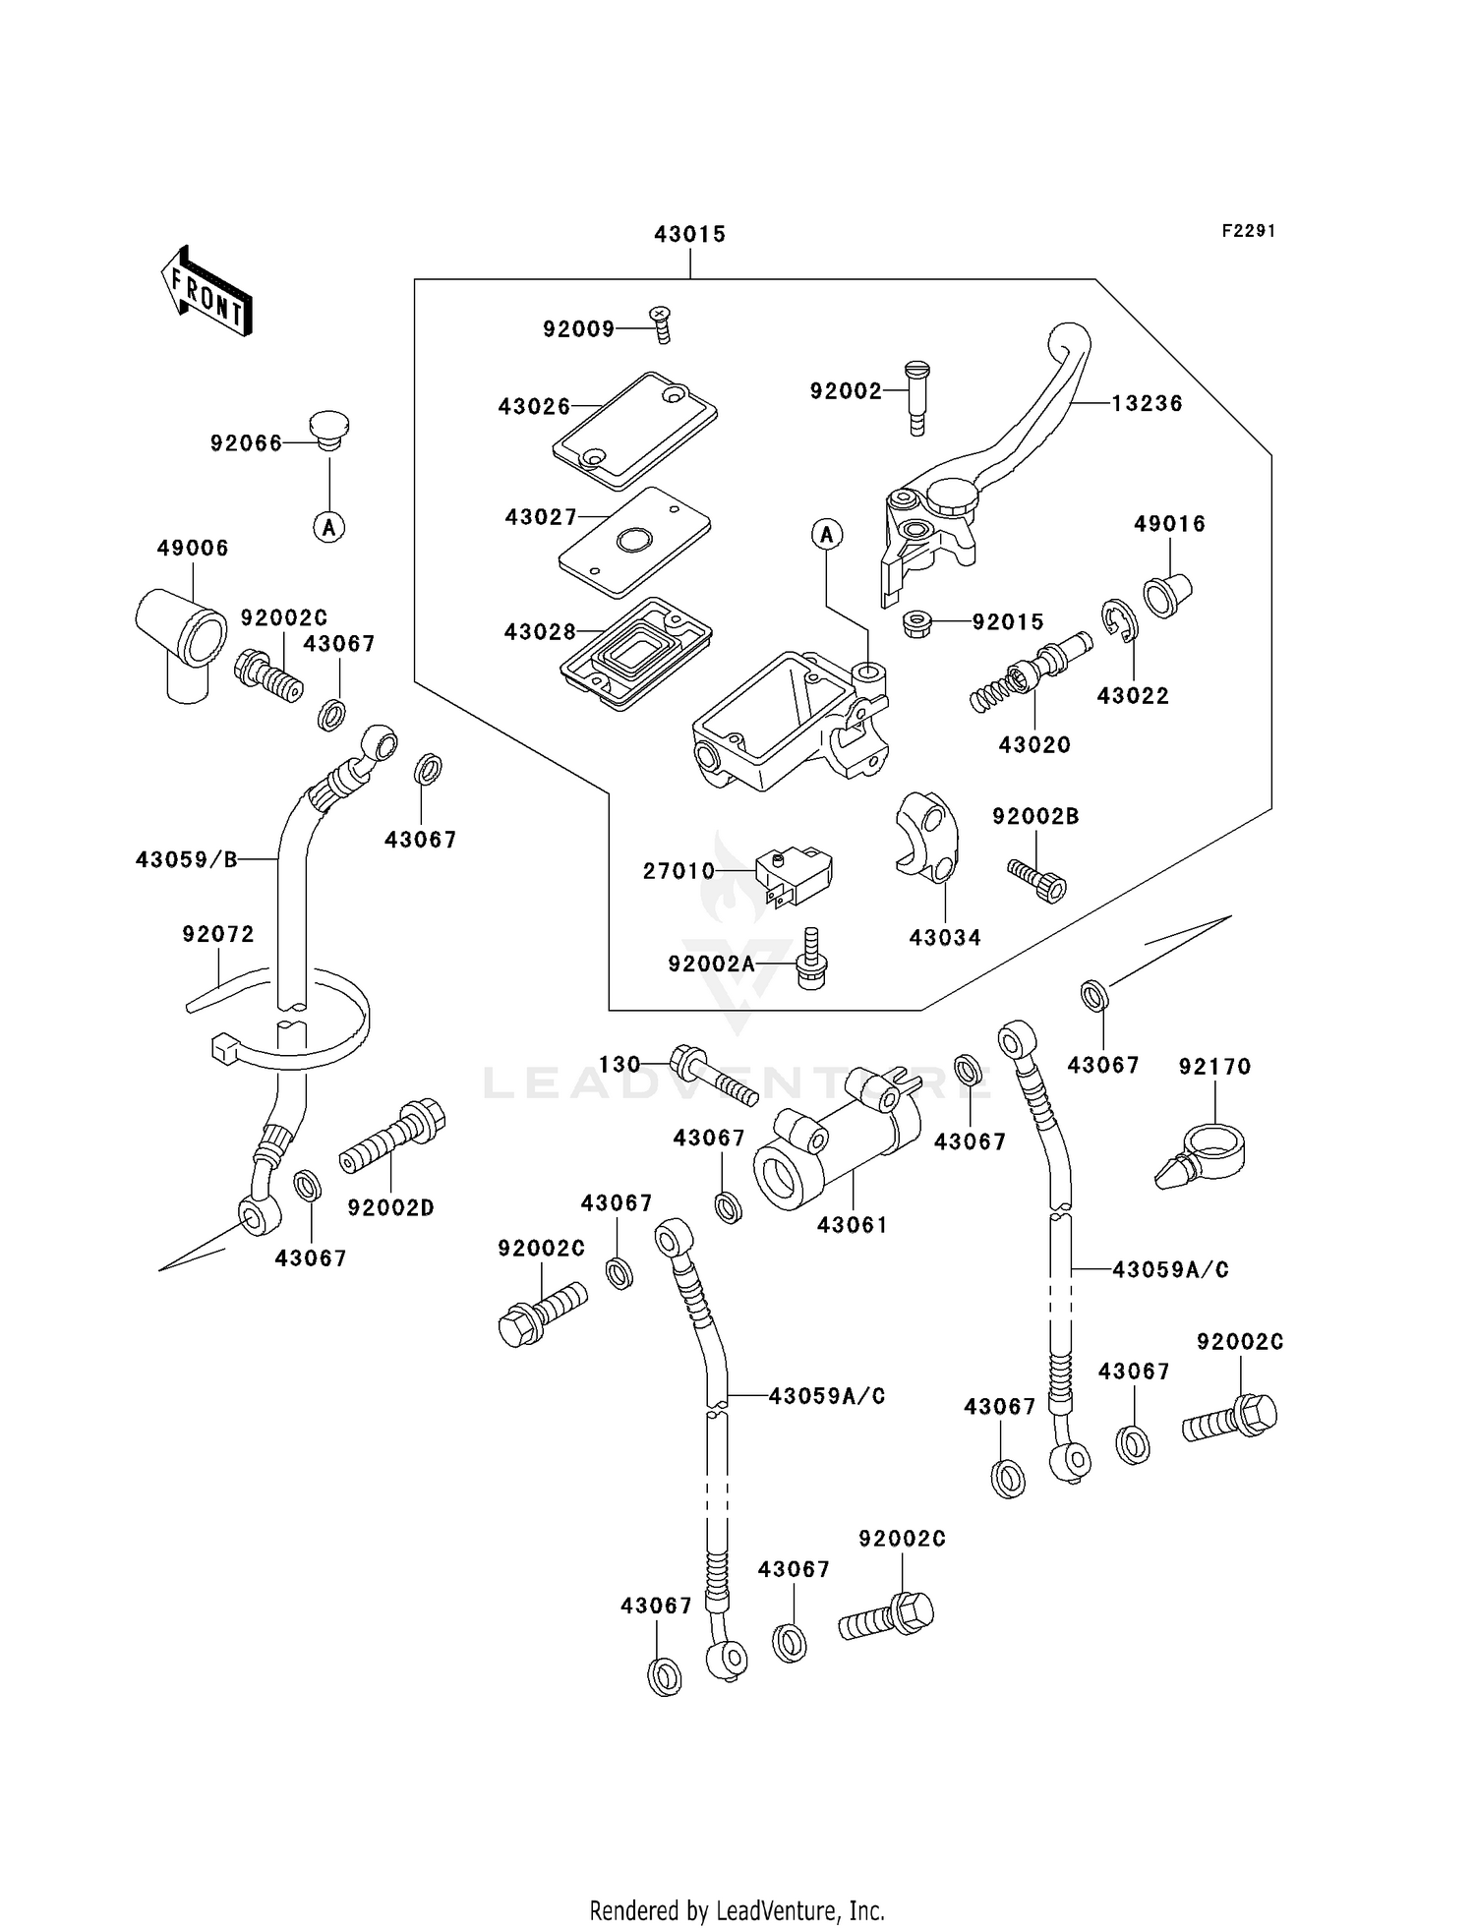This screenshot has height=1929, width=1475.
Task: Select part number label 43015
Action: (x=689, y=234)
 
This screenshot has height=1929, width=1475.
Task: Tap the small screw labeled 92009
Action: (x=662, y=324)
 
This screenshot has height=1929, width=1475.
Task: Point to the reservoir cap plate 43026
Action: (x=635, y=430)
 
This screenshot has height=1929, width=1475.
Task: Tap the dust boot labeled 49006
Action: (x=182, y=639)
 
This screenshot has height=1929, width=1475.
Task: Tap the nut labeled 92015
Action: (x=916, y=623)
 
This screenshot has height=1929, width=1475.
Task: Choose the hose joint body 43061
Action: (x=836, y=1140)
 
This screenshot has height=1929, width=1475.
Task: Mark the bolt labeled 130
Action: (x=713, y=1077)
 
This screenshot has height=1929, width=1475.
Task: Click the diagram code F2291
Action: (x=1248, y=231)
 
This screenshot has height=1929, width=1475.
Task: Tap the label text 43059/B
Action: (x=187, y=860)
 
